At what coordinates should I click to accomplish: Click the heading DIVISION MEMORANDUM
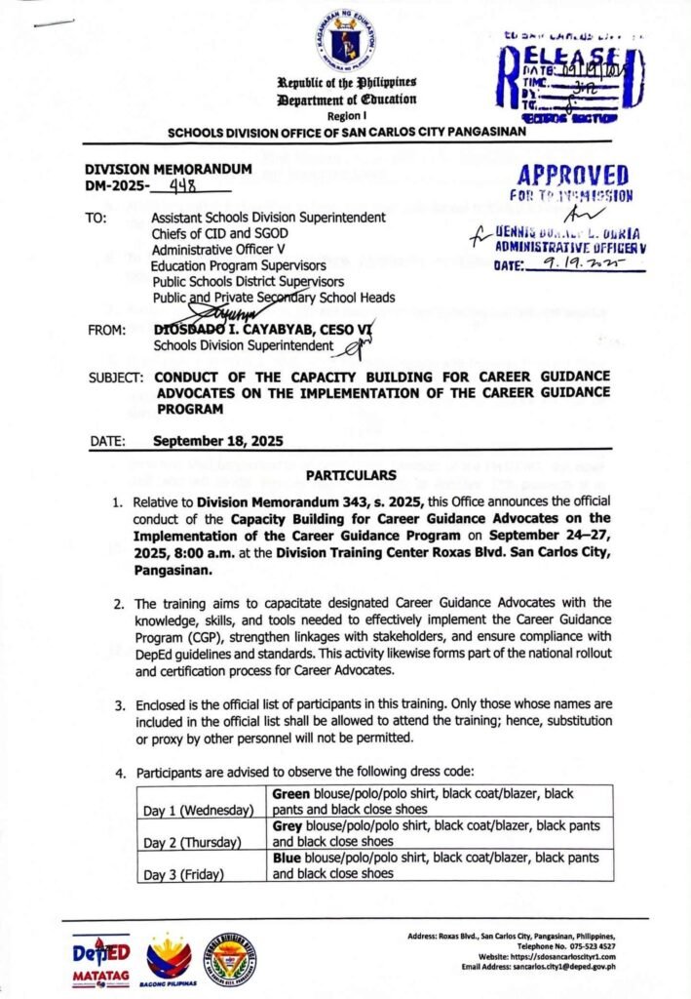168,169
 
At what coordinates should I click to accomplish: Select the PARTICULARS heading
347,475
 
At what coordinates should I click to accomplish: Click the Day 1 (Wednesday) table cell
198,810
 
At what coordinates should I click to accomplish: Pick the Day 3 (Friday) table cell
186,874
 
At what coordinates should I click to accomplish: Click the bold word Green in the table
291,793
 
